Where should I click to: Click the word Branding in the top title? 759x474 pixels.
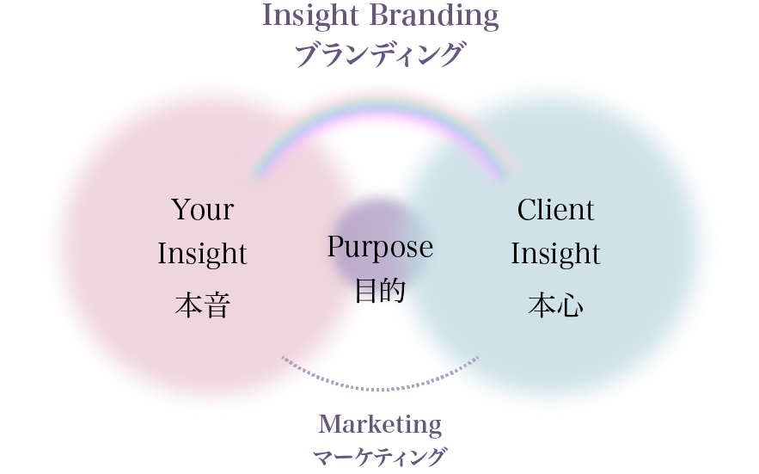point(441,15)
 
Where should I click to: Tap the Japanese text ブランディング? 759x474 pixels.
point(379,54)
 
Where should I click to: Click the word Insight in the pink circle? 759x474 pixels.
point(203,254)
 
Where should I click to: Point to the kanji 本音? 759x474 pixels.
point(203,305)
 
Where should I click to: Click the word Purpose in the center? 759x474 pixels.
point(380,249)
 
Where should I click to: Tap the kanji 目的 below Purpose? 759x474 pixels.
point(380,291)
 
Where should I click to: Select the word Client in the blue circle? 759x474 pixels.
point(555,210)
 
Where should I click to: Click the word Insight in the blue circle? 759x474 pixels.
point(555,254)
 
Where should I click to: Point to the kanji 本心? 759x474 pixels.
point(555,305)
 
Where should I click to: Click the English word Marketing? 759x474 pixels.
point(379,424)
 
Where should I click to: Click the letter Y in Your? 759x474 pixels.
point(180,210)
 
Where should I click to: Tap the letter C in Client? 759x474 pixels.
point(526,210)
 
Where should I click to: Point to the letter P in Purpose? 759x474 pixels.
point(336,247)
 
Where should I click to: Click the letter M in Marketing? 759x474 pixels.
point(328,424)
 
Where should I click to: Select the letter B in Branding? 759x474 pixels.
point(394,15)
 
